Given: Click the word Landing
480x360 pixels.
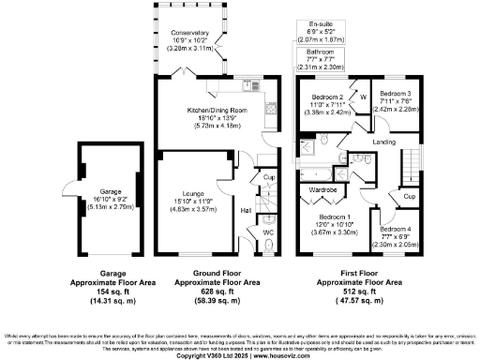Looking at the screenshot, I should (x=383, y=142).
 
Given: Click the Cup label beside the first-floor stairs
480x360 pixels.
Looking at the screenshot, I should (x=410, y=197).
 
